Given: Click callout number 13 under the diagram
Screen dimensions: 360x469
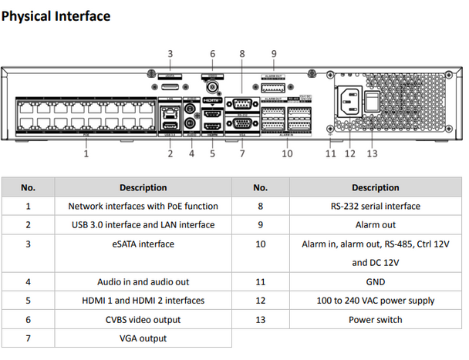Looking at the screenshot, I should pos(372,153).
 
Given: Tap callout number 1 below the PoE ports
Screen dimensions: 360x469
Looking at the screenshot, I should pos(86,153).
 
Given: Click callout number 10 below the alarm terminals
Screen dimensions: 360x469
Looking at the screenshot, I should pos(287,153).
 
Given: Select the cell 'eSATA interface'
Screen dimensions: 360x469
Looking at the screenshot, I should pos(143,244).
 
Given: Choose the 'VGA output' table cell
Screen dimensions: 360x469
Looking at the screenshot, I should pos(143,338).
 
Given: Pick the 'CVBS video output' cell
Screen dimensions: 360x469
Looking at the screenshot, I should pos(143,319).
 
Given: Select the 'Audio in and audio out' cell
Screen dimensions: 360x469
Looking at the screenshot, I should pos(143,281).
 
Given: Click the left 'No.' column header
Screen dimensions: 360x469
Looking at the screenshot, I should pos(29,187).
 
